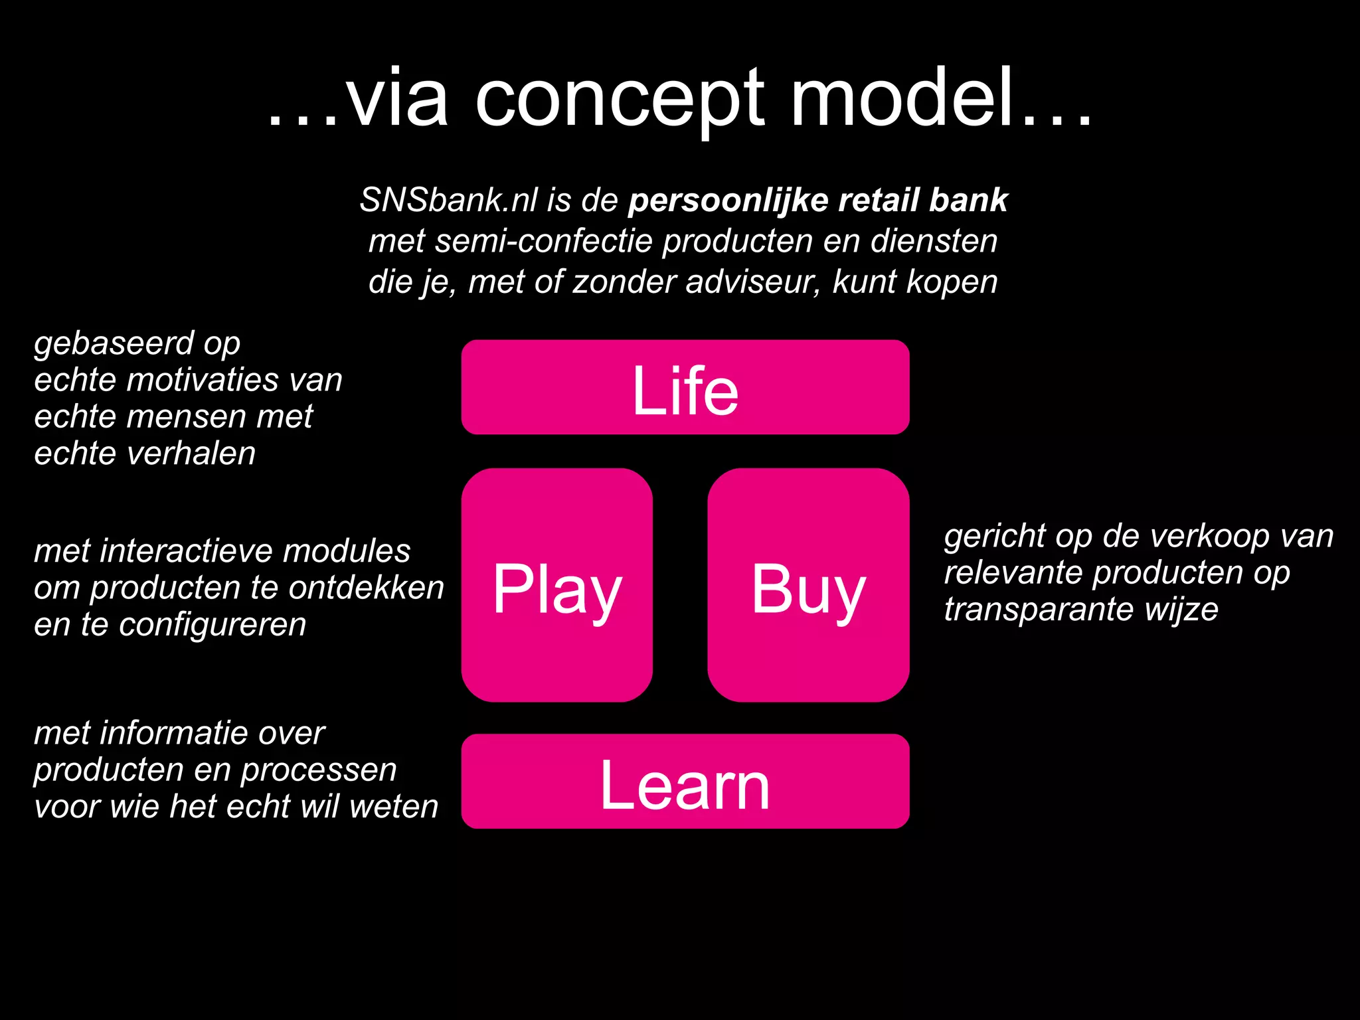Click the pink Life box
[685, 387]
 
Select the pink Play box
[556, 585]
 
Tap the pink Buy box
[808, 585]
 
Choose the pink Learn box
[685, 782]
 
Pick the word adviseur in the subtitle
[752, 282]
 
